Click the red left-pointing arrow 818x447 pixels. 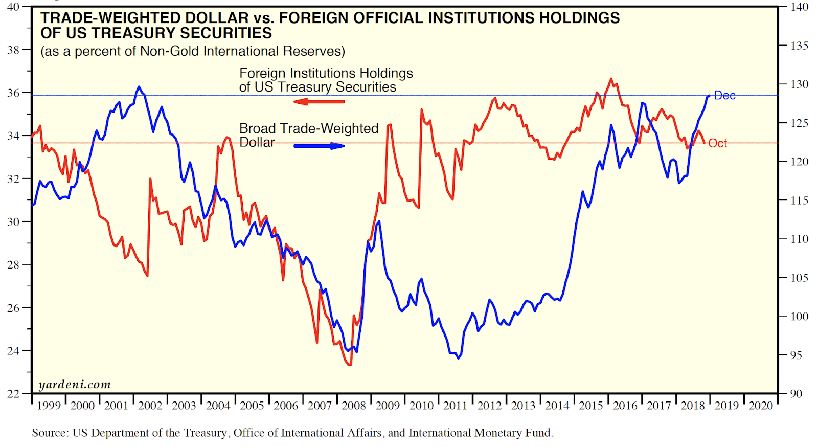[x=319, y=102]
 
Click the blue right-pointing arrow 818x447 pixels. [x=320, y=146]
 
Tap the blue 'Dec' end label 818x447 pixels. [x=724, y=96]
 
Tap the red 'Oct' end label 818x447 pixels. [x=717, y=144]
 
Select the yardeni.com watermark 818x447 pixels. [x=75, y=385]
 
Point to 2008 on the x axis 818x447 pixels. [x=354, y=406]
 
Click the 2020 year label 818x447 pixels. [x=761, y=406]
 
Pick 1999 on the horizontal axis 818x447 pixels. [x=49, y=406]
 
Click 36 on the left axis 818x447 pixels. [x=13, y=93]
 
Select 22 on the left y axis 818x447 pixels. [x=13, y=394]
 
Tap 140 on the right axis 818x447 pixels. [x=799, y=7]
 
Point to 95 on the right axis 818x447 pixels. [x=796, y=355]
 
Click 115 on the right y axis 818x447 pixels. [x=799, y=200]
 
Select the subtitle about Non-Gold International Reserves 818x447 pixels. [x=193, y=52]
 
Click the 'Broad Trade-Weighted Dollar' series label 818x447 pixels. [x=309, y=135]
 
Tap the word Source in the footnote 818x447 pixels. [x=50, y=433]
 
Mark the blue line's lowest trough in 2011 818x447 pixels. [x=458, y=358]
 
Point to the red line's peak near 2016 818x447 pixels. [x=610, y=79]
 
